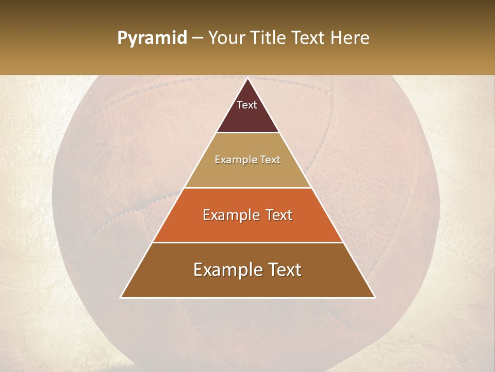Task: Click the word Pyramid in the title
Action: coord(152,38)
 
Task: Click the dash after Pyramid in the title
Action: coord(197,38)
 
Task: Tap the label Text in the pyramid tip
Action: coord(247,105)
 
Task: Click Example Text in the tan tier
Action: coord(247,160)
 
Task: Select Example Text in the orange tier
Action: coord(247,215)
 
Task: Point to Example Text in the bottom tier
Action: coord(247,270)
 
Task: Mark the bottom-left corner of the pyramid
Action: coord(121,297)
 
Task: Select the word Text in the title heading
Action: coord(311,38)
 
